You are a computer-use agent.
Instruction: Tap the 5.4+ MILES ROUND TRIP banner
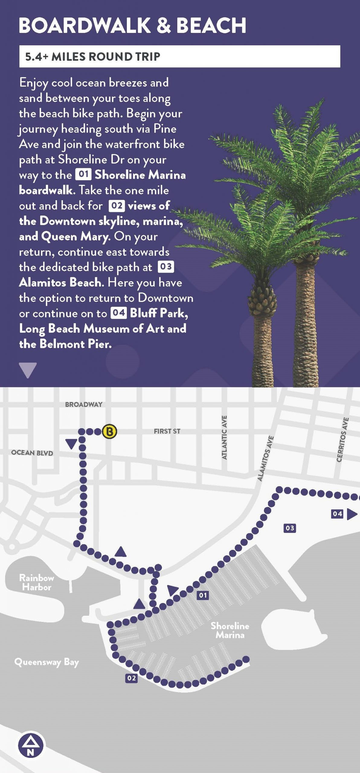tap(179, 56)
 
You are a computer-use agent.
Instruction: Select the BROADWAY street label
tap(84, 404)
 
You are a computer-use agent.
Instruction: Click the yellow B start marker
tap(110, 431)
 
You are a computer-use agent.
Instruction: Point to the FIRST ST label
tap(167, 431)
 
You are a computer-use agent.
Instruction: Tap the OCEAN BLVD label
tap(32, 453)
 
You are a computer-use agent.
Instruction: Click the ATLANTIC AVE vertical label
tap(224, 438)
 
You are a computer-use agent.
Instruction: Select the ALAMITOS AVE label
tap(265, 458)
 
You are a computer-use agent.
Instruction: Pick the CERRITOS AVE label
tap(342, 440)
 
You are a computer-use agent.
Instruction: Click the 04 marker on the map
tap(337, 514)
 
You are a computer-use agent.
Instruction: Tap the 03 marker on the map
tap(290, 528)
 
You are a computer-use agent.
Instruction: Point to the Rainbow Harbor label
tap(37, 582)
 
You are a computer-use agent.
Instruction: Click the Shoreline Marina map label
tap(230, 630)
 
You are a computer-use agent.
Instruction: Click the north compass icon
tap(31, 746)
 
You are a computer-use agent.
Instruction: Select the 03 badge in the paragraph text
tap(166, 267)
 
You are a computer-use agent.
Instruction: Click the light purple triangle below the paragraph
tap(28, 370)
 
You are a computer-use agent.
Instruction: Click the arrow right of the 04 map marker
tap(352, 514)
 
